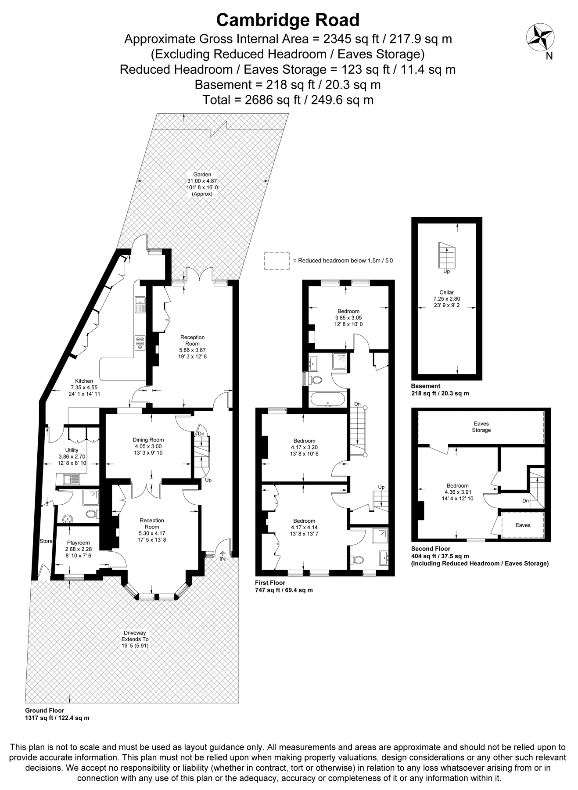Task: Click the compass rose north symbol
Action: (x=540, y=38)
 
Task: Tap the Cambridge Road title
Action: (x=288, y=20)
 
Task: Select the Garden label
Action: (x=202, y=174)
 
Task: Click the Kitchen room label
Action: (x=84, y=381)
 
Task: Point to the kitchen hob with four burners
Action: (x=140, y=343)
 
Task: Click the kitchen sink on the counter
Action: (x=140, y=304)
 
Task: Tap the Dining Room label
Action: (x=148, y=440)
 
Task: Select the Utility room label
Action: (x=72, y=450)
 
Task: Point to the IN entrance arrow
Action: (x=223, y=556)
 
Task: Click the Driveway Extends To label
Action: (x=135, y=636)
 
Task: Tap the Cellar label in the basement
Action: (x=446, y=292)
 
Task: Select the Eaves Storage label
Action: (x=481, y=427)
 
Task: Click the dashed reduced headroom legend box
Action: (x=277, y=261)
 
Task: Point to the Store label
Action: (x=46, y=541)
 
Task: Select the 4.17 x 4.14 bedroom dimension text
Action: (x=304, y=528)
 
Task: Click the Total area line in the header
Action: (x=288, y=100)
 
